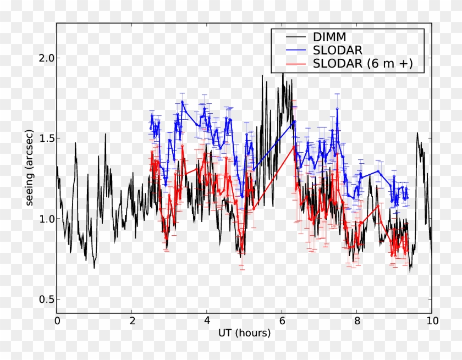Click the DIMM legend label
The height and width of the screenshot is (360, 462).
pos(329,37)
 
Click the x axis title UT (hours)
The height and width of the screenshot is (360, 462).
pos(244,334)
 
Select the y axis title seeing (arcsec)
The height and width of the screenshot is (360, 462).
pos(29,168)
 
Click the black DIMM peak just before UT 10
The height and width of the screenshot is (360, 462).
pos(417,133)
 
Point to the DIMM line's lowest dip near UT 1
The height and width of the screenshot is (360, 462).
pos(94,268)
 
